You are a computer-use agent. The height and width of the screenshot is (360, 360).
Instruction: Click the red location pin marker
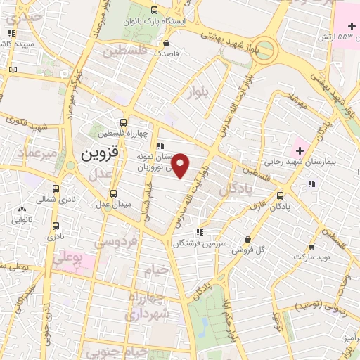tap(181, 166)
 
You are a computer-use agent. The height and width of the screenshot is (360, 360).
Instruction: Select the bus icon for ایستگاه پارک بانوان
tap(154, 10)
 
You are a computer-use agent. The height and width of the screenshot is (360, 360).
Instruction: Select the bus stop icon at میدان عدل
tap(114, 193)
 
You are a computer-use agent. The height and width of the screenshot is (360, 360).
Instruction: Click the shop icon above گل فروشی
tap(247, 239)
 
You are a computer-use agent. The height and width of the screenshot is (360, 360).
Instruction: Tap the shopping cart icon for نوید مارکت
tap(311, 247)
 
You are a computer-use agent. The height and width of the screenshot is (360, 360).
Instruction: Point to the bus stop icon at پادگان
tap(281, 195)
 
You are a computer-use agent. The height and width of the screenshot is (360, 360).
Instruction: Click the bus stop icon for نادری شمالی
tap(56, 188)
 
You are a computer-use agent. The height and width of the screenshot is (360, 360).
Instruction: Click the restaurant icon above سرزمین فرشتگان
tap(200, 232)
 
